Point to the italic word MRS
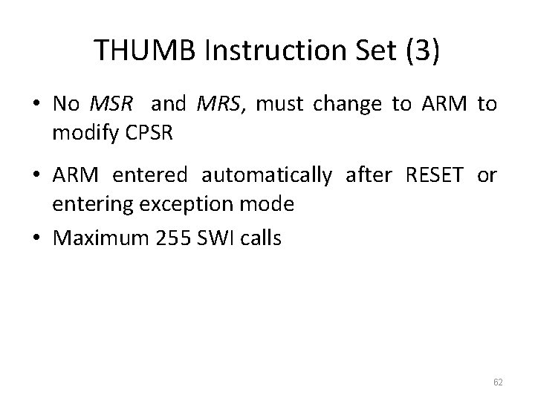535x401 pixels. (x=218, y=104)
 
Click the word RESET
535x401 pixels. (x=435, y=175)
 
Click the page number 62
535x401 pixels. (x=497, y=382)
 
